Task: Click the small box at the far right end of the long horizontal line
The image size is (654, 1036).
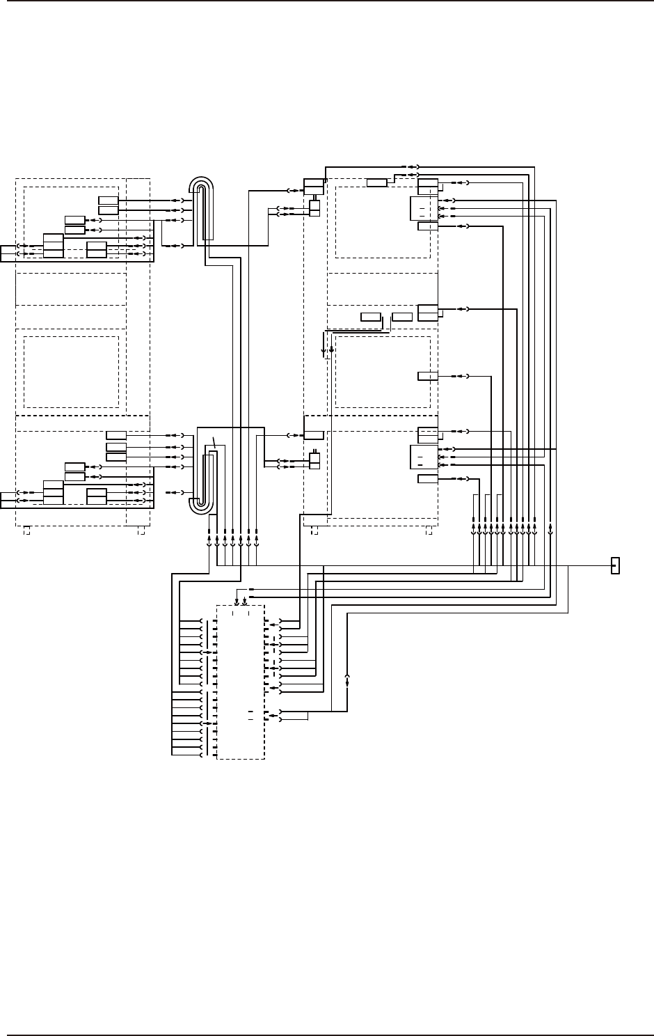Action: click(615, 565)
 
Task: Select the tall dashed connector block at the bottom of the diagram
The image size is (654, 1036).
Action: click(241, 682)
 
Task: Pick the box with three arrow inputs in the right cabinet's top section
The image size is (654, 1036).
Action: click(424, 207)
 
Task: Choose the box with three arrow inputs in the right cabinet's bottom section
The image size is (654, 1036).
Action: click(424, 457)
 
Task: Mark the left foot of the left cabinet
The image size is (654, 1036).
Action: click(26, 531)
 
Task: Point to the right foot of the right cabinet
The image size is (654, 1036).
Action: click(428, 531)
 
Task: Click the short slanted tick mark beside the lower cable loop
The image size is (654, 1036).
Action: click(215, 441)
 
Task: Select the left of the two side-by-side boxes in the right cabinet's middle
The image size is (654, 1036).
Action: click(371, 317)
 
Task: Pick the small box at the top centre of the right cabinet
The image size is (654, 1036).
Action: click(376, 183)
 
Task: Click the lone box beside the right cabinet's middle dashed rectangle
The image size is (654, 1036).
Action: click(428, 376)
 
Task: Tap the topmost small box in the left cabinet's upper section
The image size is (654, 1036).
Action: click(109, 201)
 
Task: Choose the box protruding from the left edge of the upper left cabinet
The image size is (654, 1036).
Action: click(8, 251)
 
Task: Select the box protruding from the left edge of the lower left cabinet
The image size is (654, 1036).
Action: click(8, 496)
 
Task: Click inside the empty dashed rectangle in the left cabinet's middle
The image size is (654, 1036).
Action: click(71, 372)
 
